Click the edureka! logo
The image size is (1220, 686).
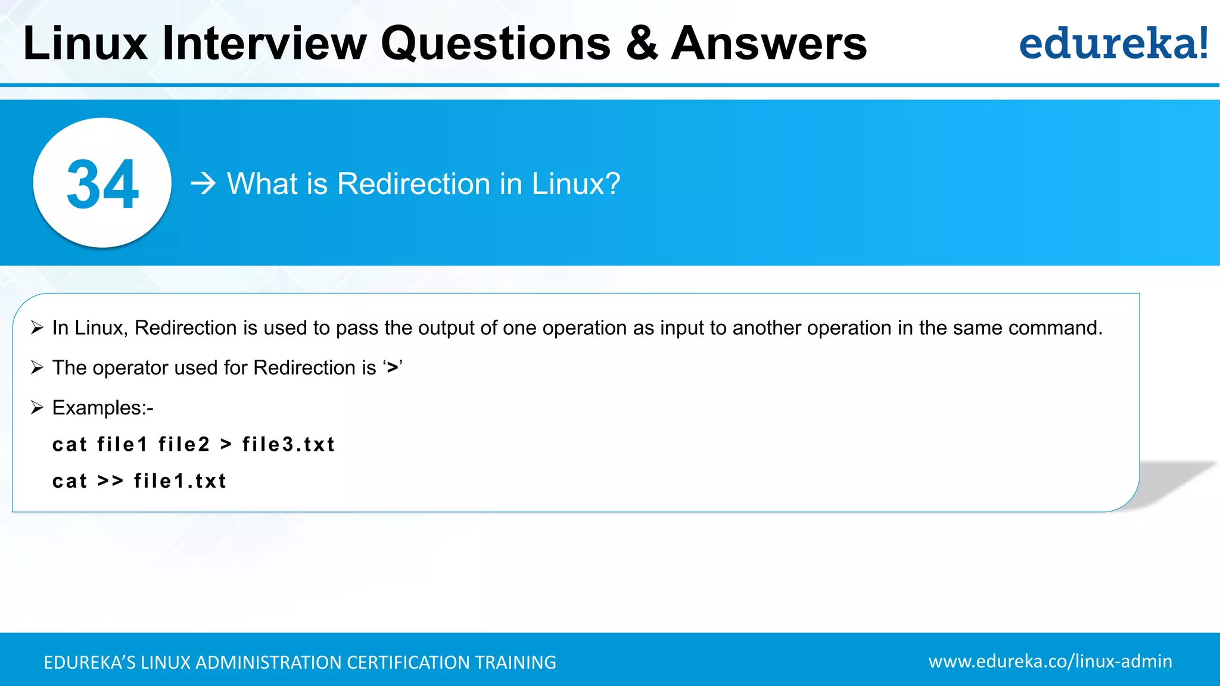point(1113,43)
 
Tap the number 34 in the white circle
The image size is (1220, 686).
point(102,185)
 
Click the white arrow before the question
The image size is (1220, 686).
point(203,183)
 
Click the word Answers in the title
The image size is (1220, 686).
point(768,43)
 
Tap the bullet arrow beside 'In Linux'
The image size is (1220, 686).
point(37,328)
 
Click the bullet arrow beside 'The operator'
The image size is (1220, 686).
point(37,367)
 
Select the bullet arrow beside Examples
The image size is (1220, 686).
point(37,407)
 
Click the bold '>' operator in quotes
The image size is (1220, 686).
point(392,368)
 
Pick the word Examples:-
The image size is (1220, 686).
point(102,408)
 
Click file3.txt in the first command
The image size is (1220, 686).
point(288,444)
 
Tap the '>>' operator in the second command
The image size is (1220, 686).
point(110,481)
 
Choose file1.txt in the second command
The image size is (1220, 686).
point(180,481)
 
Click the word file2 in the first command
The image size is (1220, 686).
point(184,444)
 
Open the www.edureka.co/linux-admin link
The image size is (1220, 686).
point(1050,661)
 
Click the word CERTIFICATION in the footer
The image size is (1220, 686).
point(408,662)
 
